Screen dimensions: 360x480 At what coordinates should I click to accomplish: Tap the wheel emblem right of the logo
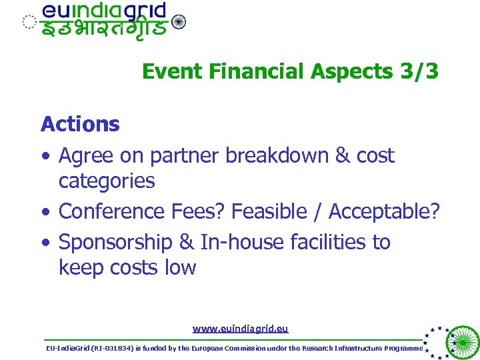click(179, 22)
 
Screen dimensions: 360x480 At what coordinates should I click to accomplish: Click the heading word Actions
click(80, 124)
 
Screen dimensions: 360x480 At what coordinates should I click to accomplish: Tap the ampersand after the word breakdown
click(343, 155)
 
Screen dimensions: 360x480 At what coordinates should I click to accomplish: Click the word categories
click(107, 181)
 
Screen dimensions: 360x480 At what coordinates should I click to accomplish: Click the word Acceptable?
click(385, 211)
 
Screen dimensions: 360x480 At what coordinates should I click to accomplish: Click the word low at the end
click(182, 268)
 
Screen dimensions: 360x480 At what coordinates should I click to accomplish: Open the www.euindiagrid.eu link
click(240, 329)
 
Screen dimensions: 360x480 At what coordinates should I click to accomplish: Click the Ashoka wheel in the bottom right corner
click(461, 342)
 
